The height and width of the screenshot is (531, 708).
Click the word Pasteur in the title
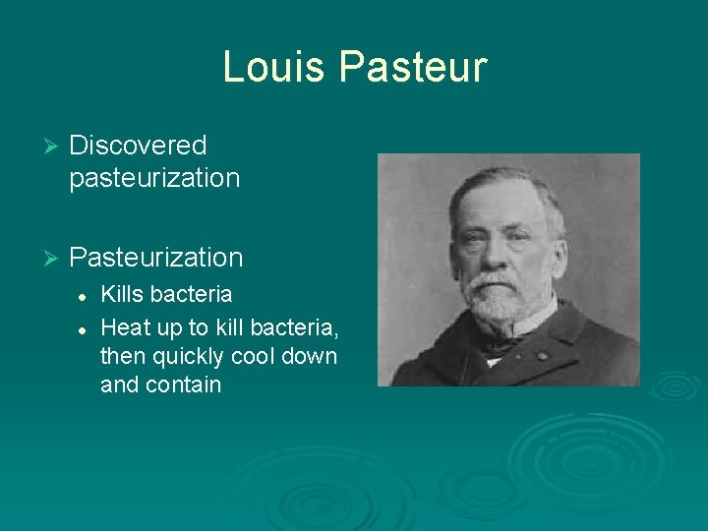coord(413,67)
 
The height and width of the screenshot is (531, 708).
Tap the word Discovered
coord(138,146)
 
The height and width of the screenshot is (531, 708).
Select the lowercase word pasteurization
coord(154,178)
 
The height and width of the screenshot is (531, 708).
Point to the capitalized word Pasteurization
coord(156,258)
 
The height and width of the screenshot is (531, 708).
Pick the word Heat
coord(124,325)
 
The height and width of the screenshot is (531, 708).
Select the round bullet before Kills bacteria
coord(85,295)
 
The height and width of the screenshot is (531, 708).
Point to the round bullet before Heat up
coord(85,326)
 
